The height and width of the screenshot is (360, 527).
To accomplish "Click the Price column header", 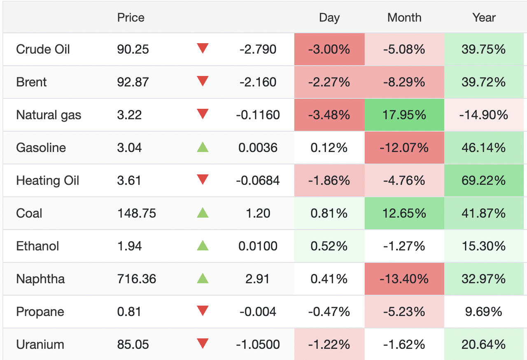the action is pos(131,18).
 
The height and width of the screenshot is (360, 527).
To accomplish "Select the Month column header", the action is pos(404,18).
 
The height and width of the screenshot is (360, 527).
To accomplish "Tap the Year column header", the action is pos(484,18).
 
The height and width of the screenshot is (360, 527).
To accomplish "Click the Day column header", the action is pos(329,18).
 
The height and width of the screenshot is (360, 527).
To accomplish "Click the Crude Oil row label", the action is pos(43,49).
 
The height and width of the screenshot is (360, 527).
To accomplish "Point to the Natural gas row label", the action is pos(49,115).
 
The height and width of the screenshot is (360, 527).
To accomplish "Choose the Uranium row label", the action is pos(40,344).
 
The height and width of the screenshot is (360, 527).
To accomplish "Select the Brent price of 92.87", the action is pos(133,82).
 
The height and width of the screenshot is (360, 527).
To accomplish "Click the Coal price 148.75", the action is pos(136,213).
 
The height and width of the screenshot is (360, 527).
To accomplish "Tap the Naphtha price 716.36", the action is pos(136,279).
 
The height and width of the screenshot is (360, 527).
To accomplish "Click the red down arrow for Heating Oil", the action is pos(203,180).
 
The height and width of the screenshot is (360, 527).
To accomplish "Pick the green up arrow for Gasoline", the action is pos(203,147).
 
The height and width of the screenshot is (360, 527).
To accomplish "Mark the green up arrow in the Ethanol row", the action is pos(203,245).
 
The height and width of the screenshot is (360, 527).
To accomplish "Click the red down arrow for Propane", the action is pos(203,311).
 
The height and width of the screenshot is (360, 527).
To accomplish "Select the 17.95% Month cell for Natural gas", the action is pos(404,115).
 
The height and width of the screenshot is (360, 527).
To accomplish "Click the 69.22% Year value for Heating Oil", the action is pos(483,180).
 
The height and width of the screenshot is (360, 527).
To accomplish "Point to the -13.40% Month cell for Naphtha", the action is pos(404,279).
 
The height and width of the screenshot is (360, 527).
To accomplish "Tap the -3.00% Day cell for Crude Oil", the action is pos(329,49).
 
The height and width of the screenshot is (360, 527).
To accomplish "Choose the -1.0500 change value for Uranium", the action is pos(258,344).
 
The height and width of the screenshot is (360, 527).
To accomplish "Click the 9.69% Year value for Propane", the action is pos(483,312).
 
